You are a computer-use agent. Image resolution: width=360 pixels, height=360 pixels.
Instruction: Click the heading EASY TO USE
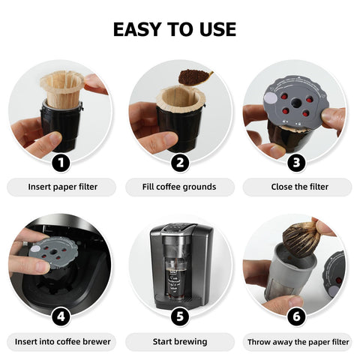click(x=174, y=29)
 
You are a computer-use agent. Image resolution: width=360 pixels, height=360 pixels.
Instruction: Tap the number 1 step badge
click(x=61, y=162)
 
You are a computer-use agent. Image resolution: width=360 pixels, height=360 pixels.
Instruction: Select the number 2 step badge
click(x=179, y=162)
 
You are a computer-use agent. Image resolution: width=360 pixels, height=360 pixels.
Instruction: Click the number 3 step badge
click(x=297, y=162)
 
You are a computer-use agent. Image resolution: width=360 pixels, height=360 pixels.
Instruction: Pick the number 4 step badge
click(x=61, y=316)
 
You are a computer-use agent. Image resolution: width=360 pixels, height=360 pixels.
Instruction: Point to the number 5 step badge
click(x=179, y=316)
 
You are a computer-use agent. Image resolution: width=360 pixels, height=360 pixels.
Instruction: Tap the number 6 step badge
click(x=297, y=316)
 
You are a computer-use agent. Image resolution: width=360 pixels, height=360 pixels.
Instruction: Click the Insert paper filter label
click(x=62, y=187)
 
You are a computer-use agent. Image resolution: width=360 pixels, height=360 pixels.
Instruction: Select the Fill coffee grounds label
click(x=179, y=187)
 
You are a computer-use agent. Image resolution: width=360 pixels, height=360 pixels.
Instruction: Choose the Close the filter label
click(x=297, y=187)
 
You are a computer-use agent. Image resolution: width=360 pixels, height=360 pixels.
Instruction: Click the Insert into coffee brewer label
click(x=62, y=341)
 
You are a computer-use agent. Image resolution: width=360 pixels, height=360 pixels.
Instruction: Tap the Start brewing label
click(x=179, y=341)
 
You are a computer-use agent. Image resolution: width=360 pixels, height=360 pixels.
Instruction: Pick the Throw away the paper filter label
click(x=297, y=341)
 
